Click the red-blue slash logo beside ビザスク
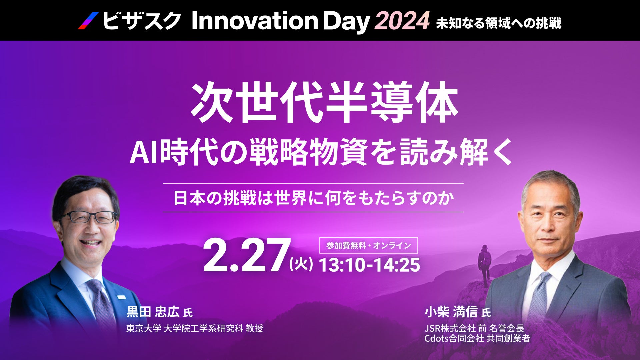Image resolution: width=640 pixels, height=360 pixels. point(88,21)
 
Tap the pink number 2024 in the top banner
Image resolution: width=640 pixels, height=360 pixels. point(402,21)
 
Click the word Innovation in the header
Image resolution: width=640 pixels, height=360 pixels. point(255,21)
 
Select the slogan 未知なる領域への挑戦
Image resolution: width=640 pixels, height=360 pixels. point(499,23)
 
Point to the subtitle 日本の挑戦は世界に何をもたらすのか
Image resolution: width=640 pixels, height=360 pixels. point(313,198)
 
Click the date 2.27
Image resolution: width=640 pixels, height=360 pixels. point(246,256)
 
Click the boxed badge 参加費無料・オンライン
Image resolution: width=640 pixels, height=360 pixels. point(369,245)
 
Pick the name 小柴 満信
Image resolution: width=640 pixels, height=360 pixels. point(451,312)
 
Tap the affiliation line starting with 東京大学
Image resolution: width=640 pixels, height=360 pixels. point(195,329)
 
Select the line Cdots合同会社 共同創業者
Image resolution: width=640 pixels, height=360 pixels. point(477,339)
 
